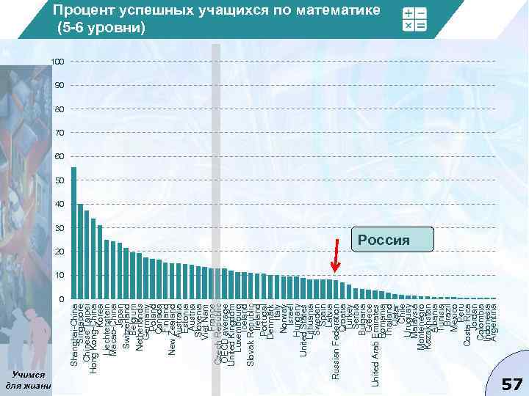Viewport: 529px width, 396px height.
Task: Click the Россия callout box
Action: [x=392, y=238]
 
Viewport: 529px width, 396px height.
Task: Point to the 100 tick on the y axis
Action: [x=58, y=62]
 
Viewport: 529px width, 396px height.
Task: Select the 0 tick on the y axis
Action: [x=62, y=299]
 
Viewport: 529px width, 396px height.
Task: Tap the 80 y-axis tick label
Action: [x=60, y=109]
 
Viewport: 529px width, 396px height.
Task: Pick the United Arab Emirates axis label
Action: [x=375, y=344]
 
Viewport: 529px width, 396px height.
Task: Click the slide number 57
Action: [x=511, y=384]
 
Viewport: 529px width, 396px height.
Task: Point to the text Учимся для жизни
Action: [x=27, y=380]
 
